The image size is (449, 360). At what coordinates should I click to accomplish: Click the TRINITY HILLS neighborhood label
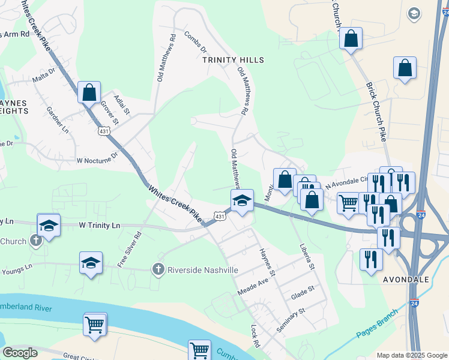click(x=233, y=60)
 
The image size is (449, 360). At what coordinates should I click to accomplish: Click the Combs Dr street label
click(x=196, y=42)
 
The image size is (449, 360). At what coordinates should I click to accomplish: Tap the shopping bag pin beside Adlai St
click(x=89, y=93)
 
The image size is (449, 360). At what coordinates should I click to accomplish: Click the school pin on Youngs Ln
click(x=91, y=262)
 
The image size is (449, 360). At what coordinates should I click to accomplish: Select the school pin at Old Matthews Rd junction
click(x=242, y=200)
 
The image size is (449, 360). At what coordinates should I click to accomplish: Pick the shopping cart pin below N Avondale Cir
click(x=348, y=203)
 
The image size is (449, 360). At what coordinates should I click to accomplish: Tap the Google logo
click(x=20, y=353)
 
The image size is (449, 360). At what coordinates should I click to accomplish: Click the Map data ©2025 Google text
click(x=411, y=355)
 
